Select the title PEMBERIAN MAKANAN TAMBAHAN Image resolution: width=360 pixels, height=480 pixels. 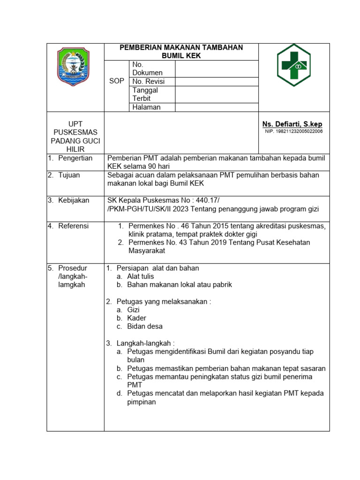click(x=181, y=47)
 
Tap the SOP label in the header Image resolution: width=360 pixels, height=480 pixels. click(x=117, y=81)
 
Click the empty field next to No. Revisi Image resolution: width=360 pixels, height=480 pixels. click(x=217, y=82)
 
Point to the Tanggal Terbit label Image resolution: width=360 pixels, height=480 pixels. click(x=145, y=94)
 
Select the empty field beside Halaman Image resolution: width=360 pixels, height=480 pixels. click(x=217, y=107)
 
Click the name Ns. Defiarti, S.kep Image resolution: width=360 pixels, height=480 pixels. click(x=292, y=124)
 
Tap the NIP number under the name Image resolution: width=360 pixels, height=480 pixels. click(x=294, y=131)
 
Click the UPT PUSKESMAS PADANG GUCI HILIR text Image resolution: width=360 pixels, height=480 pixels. click(x=75, y=136)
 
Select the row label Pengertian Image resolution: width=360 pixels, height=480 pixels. click(x=75, y=158)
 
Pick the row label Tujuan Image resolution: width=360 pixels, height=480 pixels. click(x=69, y=175)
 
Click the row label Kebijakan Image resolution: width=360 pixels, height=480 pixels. click(x=74, y=201)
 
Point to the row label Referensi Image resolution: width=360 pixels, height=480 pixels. click(x=74, y=226)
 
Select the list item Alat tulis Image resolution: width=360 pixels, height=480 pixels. click(x=141, y=277)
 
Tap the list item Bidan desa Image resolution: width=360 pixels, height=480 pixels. click(x=145, y=326)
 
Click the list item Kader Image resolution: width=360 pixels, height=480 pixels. click(x=137, y=318)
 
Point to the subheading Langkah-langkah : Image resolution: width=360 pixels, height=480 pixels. click(x=145, y=343)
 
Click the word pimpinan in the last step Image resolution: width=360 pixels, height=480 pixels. click(x=142, y=402)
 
